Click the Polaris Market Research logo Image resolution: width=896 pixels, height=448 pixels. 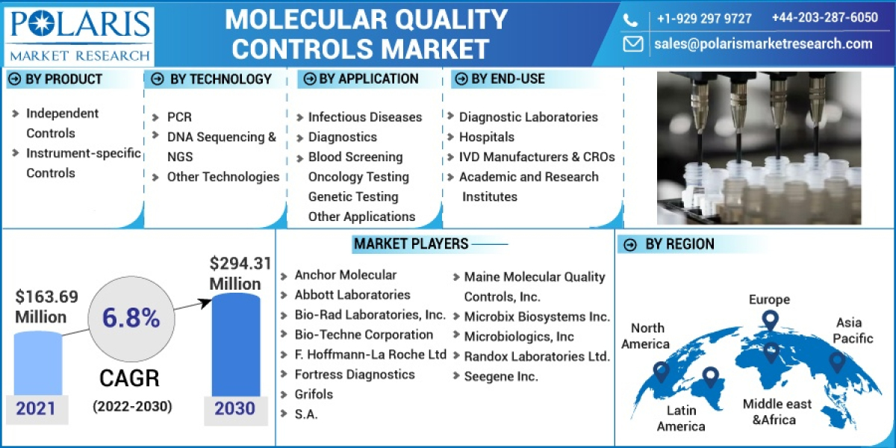coord(79,34)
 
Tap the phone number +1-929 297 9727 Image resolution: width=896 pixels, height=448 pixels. coord(703,18)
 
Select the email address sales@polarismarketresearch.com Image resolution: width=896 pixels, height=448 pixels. coord(762,43)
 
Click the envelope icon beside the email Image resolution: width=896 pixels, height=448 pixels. coord(633,44)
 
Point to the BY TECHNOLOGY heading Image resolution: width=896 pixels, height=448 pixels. coord(220,79)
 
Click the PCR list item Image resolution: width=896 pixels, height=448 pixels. coord(179,117)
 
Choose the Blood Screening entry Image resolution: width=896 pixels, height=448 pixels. coord(355,157)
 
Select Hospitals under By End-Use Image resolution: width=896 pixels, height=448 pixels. coord(486,137)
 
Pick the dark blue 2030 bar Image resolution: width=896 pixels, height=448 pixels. coord(236,345)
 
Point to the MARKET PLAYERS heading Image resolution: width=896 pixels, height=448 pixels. coord(411,244)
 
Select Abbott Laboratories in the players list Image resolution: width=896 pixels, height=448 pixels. coord(352,295)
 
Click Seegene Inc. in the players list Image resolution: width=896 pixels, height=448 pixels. coord(500,376)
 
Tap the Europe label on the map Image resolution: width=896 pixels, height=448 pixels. coord(769,299)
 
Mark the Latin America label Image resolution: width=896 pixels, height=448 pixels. coord(681,418)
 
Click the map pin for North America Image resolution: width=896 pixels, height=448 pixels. coord(661,371)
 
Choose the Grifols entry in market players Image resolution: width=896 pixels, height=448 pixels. coord(314,394)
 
